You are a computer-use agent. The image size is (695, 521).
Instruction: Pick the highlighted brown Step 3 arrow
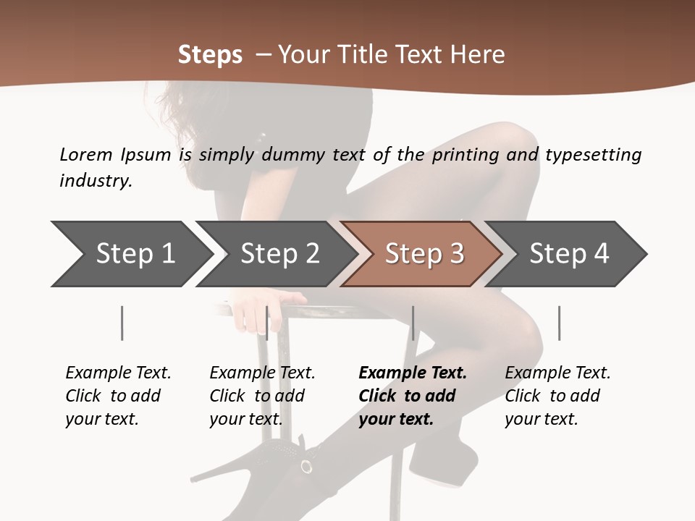click(x=424, y=254)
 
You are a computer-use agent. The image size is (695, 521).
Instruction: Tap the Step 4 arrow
click(x=568, y=254)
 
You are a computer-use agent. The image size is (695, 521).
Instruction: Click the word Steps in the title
click(x=210, y=55)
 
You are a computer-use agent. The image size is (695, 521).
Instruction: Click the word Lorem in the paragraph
click(x=85, y=154)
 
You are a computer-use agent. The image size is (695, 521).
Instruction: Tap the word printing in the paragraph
click(x=462, y=154)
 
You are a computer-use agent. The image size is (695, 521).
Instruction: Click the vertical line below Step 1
click(x=122, y=323)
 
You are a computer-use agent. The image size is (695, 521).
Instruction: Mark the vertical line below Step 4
click(x=559, y=323)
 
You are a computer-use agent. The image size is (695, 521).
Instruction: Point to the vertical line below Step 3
click(x=413, y=323)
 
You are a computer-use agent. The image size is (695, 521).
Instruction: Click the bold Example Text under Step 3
click(x=413, y=373)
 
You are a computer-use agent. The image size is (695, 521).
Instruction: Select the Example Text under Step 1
click(x=118, y=373)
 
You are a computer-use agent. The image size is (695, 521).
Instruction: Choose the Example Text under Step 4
click(x=557, y=373)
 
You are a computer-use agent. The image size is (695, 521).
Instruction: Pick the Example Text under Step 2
click(x=262, y=373)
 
